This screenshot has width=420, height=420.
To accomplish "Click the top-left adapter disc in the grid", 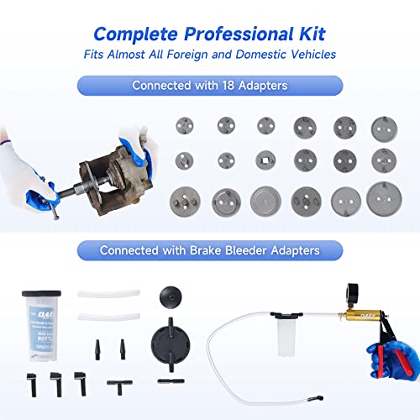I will point(184,125).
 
